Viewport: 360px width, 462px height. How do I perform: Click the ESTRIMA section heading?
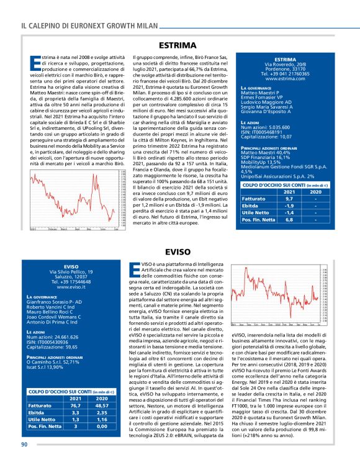click(179, 46)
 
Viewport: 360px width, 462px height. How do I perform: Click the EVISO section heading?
click(179, 251)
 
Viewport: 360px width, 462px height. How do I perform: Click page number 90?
click(24, 443)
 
